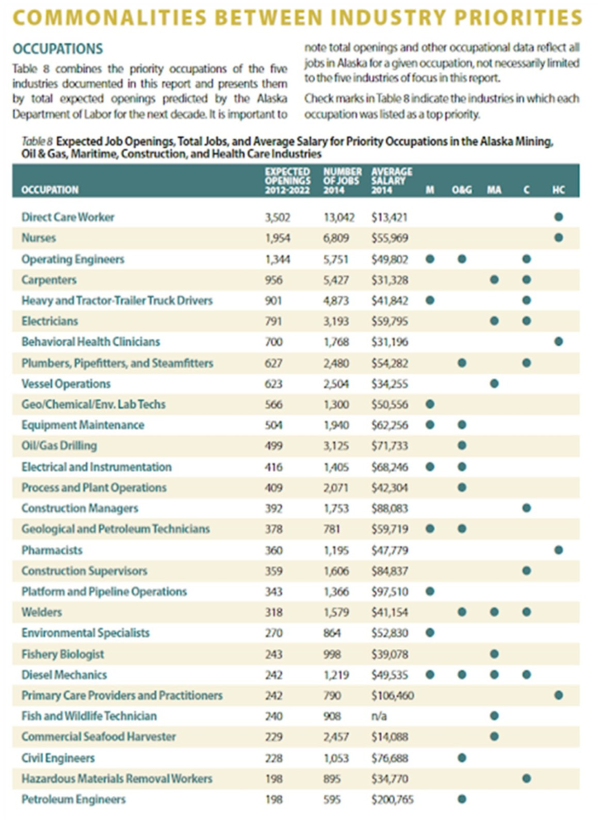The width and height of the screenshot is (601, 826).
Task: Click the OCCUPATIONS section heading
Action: [58, 49]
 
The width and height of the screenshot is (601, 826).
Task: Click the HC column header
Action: [558, 190]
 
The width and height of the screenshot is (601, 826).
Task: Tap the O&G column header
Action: [462, 190]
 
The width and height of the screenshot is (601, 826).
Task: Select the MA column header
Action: [494, 190]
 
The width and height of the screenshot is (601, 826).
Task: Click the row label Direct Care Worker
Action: [68, 217]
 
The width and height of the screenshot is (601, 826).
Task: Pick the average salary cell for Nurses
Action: [389, 238]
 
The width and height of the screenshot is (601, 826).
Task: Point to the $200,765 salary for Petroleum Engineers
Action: [392, 799]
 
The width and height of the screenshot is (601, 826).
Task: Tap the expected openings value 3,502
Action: [278, 217]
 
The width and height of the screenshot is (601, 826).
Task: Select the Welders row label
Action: [41, 612]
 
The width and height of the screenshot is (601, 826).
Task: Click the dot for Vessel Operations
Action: [494, 384]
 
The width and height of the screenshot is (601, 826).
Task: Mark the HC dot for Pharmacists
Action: [558, 550]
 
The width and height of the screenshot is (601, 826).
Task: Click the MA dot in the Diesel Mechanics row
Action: [494, 674]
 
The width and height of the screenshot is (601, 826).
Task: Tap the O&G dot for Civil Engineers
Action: [462, 758]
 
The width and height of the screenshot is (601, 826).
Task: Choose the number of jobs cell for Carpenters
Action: [336, 280]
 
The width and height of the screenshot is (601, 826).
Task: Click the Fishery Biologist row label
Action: [62, 654]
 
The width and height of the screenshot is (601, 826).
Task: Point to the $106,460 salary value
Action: [392, 695]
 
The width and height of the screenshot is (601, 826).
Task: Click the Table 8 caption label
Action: [37, 141]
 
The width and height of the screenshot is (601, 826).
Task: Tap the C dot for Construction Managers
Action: [526, 508]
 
